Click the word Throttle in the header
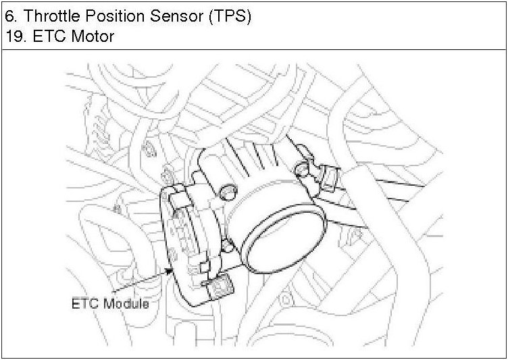52,16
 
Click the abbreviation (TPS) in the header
230,16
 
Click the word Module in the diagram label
127,304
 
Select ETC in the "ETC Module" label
86,304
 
